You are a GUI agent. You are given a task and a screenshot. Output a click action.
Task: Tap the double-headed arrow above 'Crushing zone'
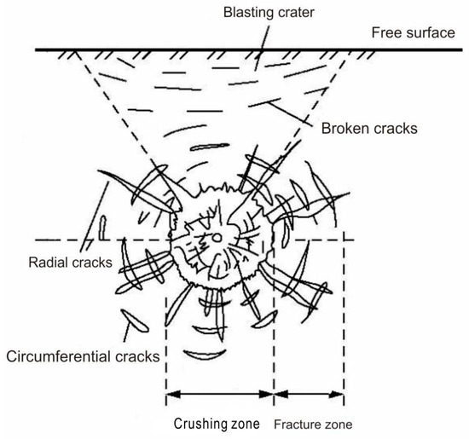tap(219, 395)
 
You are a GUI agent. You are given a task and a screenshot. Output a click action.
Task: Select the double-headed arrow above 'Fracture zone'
tap(309, 395)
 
